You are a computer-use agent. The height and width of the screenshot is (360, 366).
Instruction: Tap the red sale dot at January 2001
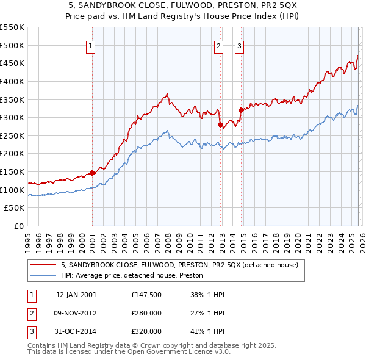point(92,173)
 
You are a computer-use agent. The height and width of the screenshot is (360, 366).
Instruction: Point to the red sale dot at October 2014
point(241,110)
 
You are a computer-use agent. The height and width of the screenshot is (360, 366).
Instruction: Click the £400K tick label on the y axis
point(12,81)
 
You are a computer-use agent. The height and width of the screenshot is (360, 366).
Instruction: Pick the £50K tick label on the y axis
point(15,208)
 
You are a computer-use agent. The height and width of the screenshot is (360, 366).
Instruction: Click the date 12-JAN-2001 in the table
point(76,295)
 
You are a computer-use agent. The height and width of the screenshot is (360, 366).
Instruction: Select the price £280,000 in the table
point(146,313)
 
